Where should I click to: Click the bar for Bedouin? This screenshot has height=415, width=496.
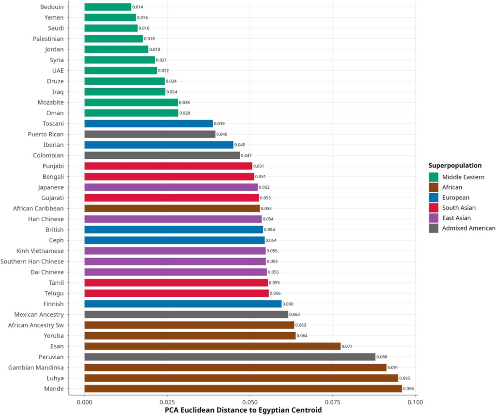click(108, 7)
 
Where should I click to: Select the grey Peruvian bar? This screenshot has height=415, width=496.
click(230, 357)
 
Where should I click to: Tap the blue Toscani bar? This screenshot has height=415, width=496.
click(148, 123)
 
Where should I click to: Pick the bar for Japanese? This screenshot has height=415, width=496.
click(171, 187)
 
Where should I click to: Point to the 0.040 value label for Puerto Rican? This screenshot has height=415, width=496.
click(222, 134)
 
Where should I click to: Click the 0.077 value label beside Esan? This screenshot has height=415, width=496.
click(348, 346)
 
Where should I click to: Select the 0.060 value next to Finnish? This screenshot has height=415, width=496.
click(288, 304)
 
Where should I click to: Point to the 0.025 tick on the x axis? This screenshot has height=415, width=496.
click(167, 402)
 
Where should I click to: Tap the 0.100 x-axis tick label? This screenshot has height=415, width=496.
click(415, 402)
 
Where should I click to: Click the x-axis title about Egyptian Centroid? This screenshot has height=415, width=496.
click(249, 411)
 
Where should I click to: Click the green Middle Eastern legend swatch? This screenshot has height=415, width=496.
click(434, 177)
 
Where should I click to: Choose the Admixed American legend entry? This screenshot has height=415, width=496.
click(469, 229)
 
